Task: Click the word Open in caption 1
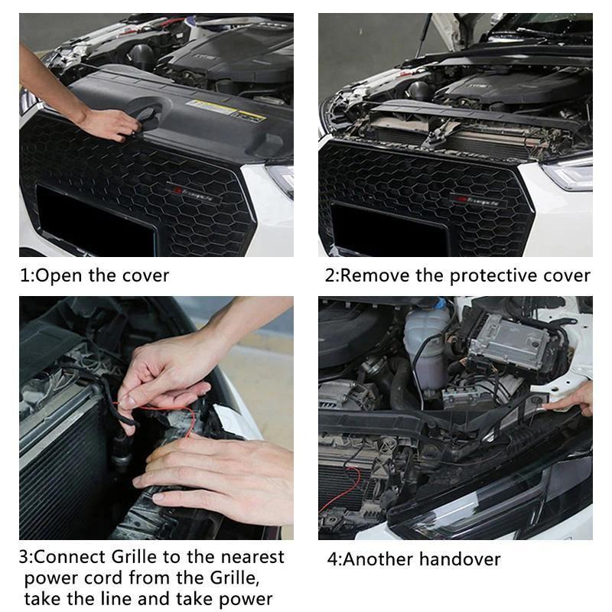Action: pos(60,275)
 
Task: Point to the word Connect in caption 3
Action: pos(72,557)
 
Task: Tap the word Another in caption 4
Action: pos(375,559)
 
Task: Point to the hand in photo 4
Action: pos(578,398)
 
